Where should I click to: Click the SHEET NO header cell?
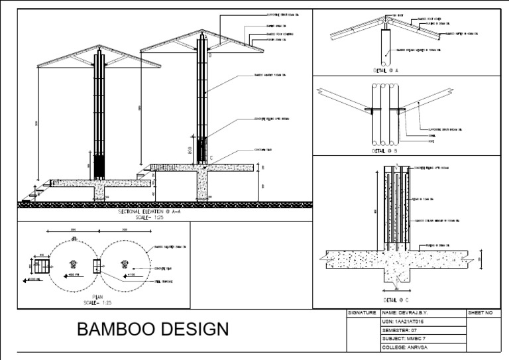click(481, 312)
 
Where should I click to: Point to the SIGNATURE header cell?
click(362, 312)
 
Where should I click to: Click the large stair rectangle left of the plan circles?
click(42, 267)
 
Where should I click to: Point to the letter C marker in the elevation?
click(210, 158)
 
